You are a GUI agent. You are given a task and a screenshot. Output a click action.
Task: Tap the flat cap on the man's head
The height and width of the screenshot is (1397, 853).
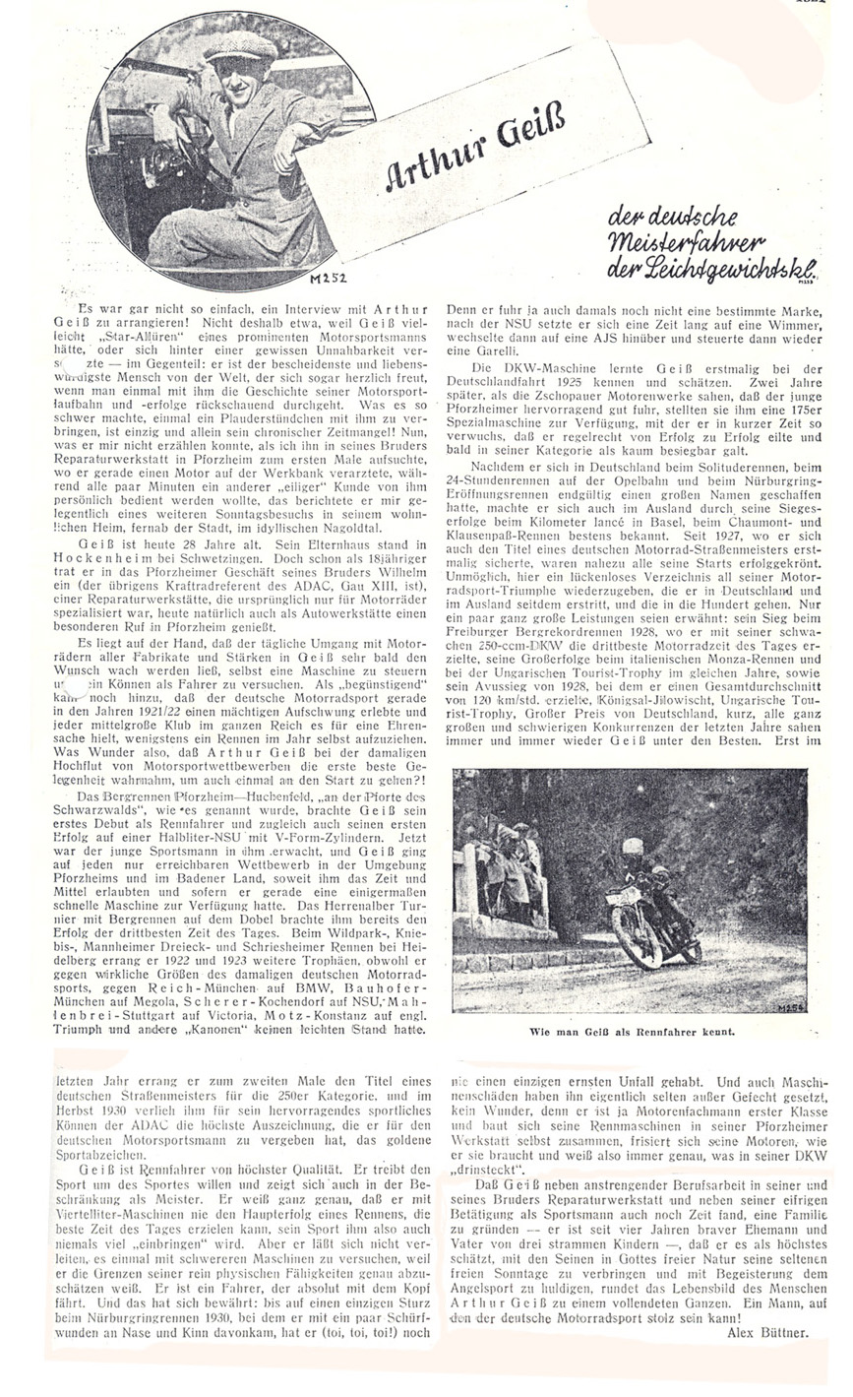click(241, 43)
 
